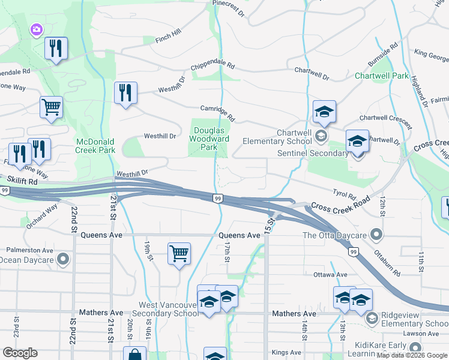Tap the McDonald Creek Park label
coord(95,146)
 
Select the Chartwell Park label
coord(381,76)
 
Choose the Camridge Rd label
coord(218,112)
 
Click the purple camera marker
coord(37,29)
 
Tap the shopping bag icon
coord(134,355)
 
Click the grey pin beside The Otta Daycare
coord(376,233)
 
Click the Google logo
coord(20,353)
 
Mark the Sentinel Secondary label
coord(313,154)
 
